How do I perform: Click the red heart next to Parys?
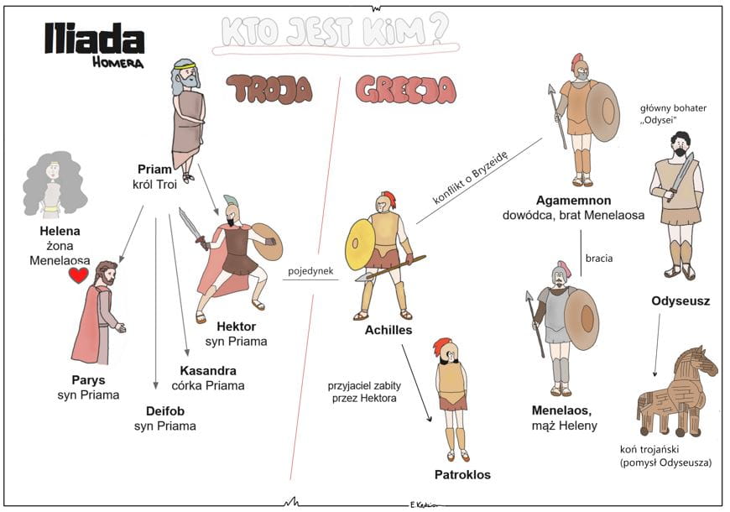click(x=78, y=274)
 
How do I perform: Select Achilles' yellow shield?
click(x=359, y=244)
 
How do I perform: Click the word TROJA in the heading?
click(x=269, y=90)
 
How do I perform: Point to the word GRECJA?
click(x=405, y=90)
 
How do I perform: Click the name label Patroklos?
click(x=462, y=474)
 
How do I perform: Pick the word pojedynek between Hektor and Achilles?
click(x=310, y=271)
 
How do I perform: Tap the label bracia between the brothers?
click(x=599, y=258)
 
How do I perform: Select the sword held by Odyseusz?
click(x=680, y=176)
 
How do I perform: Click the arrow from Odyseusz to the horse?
click(x=657, y=345)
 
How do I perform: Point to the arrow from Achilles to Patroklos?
click(x=417, y=383)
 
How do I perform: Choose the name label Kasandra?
click(x=208, y=371)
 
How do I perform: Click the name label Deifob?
click(x=164, y=411)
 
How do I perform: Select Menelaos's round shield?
click(x=581, y=320)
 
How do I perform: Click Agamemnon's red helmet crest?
click(x=576, y=61)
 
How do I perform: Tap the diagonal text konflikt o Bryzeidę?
click(x=470, y=177)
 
